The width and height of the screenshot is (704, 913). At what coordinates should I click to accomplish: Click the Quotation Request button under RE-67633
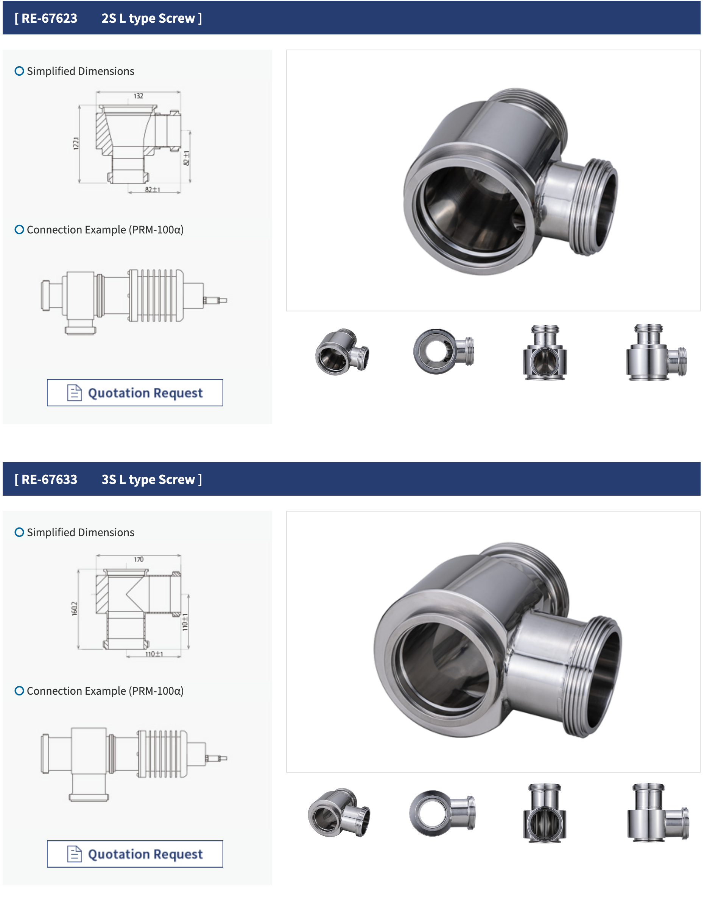[x=135, y=854]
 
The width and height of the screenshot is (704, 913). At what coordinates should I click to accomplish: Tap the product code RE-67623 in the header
[x=49, y=19]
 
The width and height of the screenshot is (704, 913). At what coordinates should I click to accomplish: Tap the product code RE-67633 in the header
[x=49, y=479]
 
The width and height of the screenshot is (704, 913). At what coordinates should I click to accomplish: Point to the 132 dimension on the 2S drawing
[x=139, y=96]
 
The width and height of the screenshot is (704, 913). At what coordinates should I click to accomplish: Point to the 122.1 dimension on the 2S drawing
[x=76, y=143]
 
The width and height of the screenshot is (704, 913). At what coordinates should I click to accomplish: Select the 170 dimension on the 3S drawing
[x=139, y=559]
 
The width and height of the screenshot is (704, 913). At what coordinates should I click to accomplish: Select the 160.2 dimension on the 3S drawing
[x=75, y=609]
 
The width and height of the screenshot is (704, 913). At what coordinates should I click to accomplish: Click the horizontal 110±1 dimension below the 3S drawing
[x=154, y=654]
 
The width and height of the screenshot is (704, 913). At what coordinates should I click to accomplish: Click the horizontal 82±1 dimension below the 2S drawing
[x=153, y=190]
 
